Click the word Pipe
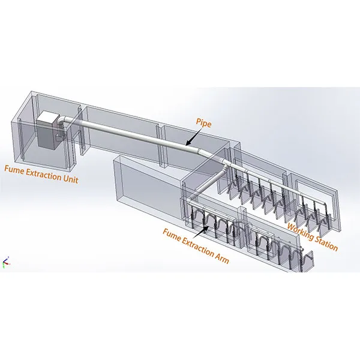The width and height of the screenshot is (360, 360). [x=203, y=123]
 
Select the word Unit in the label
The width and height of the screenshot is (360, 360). [x=70, y=179]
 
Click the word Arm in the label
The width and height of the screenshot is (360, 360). [x=221, y=259]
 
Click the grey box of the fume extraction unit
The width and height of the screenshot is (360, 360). [x=47, y=130]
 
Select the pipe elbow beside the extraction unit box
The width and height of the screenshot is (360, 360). [x=62, y=121]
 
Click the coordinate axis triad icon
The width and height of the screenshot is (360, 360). [x=6, y=262]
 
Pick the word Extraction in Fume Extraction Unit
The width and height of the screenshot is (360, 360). [x=43, y=174]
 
